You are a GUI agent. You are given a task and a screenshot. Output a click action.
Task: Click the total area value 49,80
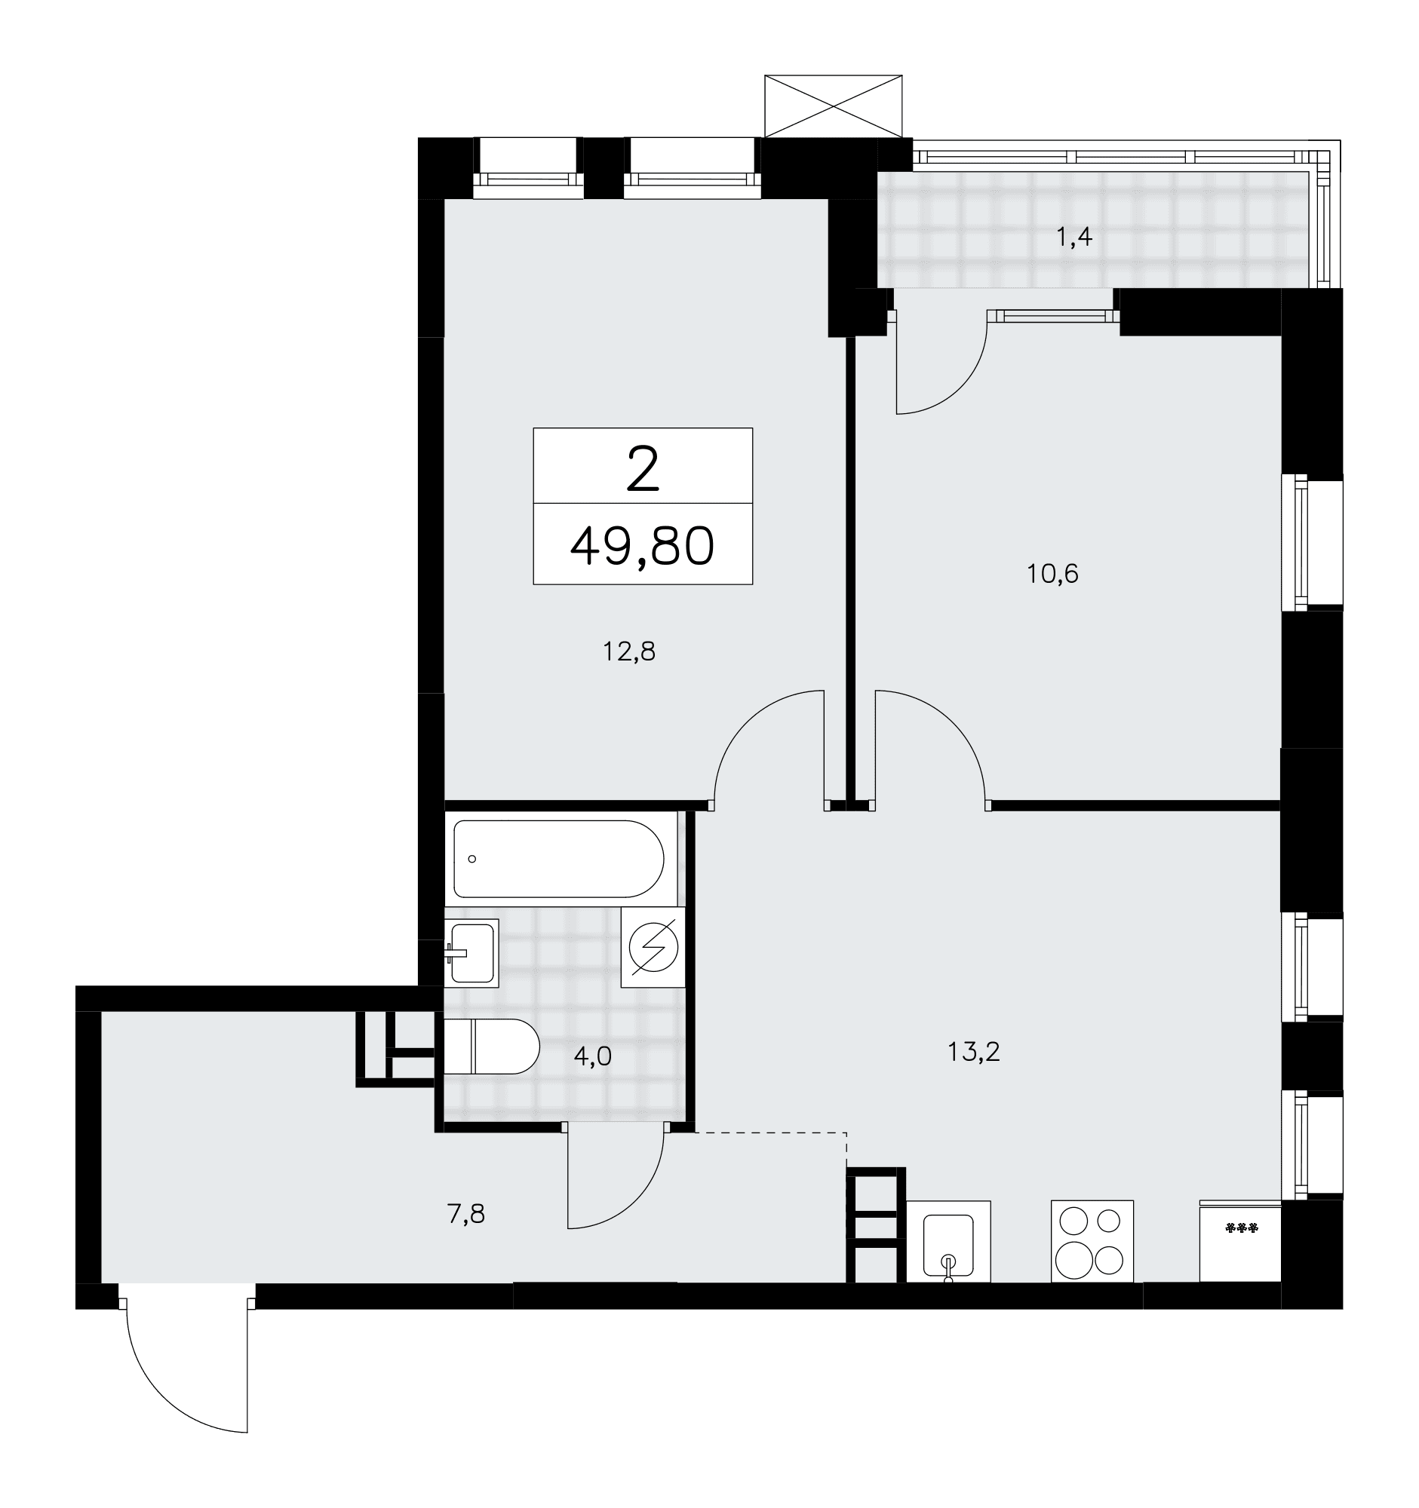click(x=642, y=547)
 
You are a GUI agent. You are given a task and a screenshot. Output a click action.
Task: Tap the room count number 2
click(x=643, y=470)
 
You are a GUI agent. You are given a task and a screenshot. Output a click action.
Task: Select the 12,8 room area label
click(x=629, y=651)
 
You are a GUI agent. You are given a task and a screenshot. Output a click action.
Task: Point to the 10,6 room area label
click(x=1052, y=574)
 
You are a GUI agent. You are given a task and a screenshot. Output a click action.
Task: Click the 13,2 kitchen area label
click(x=974, y=1051)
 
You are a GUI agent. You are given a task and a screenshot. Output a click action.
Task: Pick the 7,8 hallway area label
click(x=466, y=1215)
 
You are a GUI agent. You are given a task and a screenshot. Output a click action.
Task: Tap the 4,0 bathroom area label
click(x=593, y=1056)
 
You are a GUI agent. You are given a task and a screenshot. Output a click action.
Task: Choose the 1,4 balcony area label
click(x=1073, y=238)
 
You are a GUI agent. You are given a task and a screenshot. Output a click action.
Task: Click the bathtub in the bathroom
click(x=559, y=859)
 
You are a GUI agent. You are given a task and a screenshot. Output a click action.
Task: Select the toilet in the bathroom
click(x=491, y=1047)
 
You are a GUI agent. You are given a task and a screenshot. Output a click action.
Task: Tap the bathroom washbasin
click(x=472, y=952)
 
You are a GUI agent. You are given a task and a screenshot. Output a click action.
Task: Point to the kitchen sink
click(x=948, y=1241)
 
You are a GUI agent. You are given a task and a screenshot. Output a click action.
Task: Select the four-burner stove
click(x=1092, y=1241)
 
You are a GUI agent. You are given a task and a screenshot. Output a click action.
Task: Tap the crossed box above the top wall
click(x=833, y=106)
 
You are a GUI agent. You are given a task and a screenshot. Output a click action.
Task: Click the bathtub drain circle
click(x=472, y=859)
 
